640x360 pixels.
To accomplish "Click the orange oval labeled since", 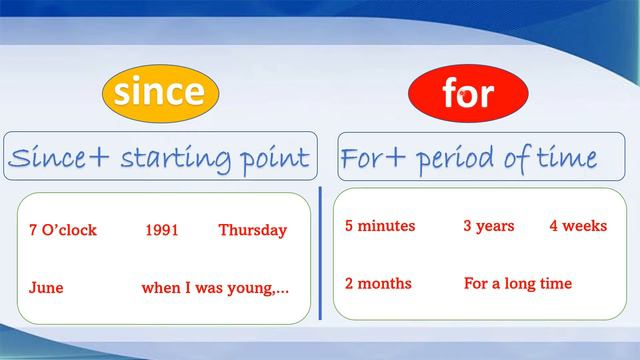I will (x=160, y=93).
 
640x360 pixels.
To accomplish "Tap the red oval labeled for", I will (x=467, y=95).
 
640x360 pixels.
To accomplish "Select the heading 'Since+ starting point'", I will (x=159, y=157).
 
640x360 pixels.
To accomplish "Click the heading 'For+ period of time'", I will (x=469, y=157).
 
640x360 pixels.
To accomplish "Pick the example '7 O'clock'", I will (x=63, y=230).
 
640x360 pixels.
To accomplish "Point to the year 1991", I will (x=161, y=230).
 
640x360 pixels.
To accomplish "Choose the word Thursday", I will (x=252, y=230).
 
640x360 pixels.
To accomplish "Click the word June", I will (x=46, y=287).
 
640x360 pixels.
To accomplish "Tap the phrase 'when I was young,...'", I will (x=215, y=287).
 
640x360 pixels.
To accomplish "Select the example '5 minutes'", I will (x=379, y=226).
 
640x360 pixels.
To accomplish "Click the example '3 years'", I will (x=488, y=226).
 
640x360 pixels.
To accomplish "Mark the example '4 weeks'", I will (x=577, y=226).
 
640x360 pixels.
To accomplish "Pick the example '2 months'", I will (x=378, y=283).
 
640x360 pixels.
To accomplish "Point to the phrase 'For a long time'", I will (x=517, y=283).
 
